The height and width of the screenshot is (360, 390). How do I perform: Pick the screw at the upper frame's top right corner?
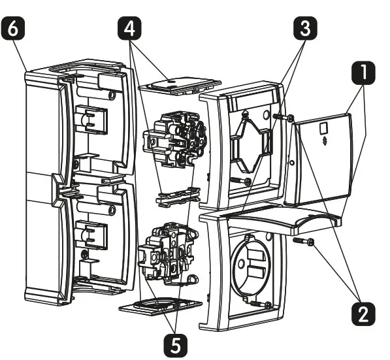(282, 117)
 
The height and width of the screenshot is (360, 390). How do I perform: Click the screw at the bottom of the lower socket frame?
(263, 304)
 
